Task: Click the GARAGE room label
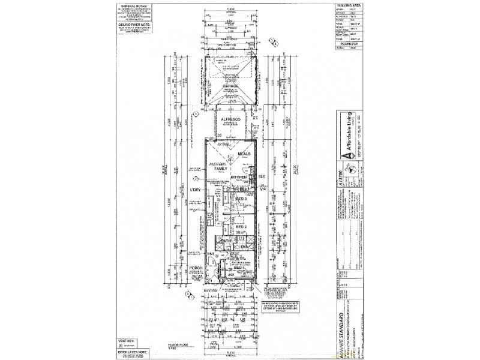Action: pyautogui.click(x=232, y=86)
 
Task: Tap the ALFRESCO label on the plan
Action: pyautogui.click(x=232, y=121)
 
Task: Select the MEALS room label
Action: pyautogui.click(x=244, y=154)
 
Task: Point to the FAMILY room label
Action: pyautogui.click(x=218, y=169)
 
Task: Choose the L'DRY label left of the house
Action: pyautogui.click(x=196, y=190)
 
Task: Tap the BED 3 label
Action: pyautogui.click(x=242, y=199)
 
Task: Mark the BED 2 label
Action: pyautogui.click(x=242, y=226)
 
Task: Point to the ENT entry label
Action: pyautogui.click(x=211, y=254)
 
